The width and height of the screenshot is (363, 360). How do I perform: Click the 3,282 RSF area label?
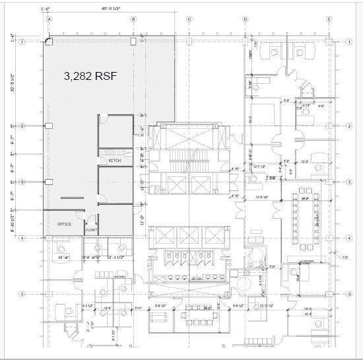91,77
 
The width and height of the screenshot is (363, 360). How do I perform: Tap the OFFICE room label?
63,223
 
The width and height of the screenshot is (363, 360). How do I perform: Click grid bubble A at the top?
49,20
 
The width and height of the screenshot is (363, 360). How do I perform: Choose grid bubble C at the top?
189,20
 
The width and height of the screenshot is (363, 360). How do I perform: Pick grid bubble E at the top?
329,20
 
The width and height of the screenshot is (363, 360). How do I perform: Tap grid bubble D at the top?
246,20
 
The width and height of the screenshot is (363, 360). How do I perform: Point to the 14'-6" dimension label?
63,257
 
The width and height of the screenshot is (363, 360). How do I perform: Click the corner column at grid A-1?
48,42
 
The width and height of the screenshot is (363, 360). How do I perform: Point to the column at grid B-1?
133,42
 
